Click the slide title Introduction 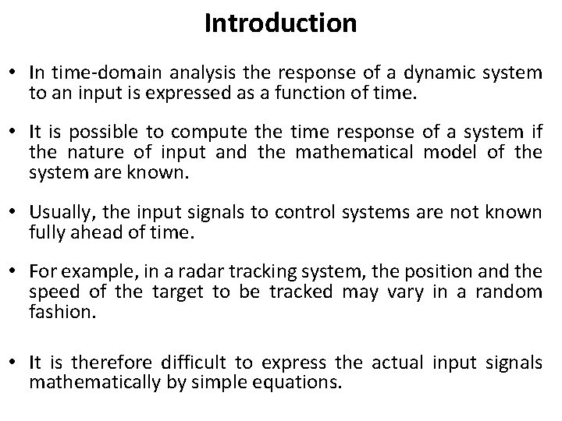[x=280, y=23]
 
